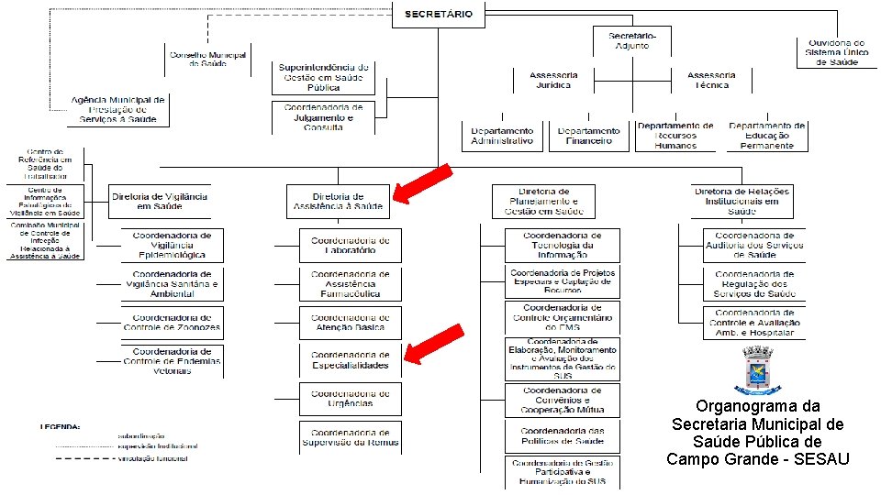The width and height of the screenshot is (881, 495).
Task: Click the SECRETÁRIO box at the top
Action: coord(439,14)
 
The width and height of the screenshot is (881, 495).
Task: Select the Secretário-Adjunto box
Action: coord(639,40)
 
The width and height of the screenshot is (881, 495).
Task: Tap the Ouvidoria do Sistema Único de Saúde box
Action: coord(836,52)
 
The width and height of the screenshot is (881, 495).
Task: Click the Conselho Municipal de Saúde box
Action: coord(208,60)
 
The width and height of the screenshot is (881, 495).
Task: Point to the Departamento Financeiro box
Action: coord(588,137)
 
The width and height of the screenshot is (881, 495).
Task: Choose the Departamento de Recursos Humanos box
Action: coord(675,136)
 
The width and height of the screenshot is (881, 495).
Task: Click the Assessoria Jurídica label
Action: coord(553,80)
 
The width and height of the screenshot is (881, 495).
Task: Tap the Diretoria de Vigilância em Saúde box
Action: coord(160,202)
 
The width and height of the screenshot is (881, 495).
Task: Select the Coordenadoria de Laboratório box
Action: coord(350,245)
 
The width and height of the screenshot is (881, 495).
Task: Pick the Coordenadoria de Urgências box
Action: coord(350,398)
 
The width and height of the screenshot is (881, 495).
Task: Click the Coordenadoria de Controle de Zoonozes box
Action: coord(172,323)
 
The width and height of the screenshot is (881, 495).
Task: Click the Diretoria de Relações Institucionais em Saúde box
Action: coord(742,201)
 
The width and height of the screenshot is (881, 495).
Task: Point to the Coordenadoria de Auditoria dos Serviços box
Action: coord(754,245)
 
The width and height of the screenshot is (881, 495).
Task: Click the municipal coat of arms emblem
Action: coord(758,371)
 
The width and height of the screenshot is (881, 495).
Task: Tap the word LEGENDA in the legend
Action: coord(59,426)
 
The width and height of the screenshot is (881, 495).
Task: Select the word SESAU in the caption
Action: coord(820,458)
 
